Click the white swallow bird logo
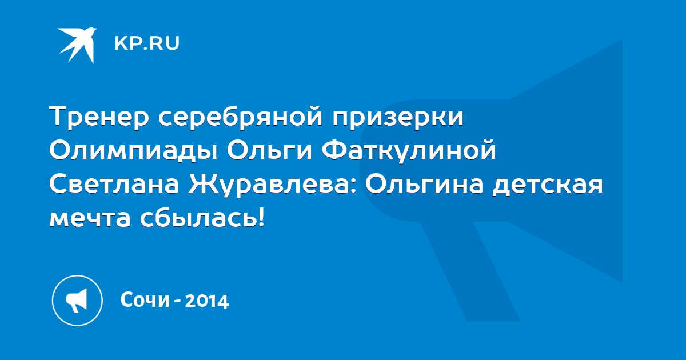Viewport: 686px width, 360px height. [78, 45]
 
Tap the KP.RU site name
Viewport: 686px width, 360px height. [147, 43]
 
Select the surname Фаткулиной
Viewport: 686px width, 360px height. [409, 150]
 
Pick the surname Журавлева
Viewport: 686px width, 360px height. [269, 185]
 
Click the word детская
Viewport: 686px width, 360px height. [548, 186]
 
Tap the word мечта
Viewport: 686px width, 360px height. [90, 218]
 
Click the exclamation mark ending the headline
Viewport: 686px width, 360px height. [260, 217]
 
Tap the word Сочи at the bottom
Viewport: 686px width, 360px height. [145, 299]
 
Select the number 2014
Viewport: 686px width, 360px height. [207, 301]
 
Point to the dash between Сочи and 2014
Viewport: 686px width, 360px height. [177, 302]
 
